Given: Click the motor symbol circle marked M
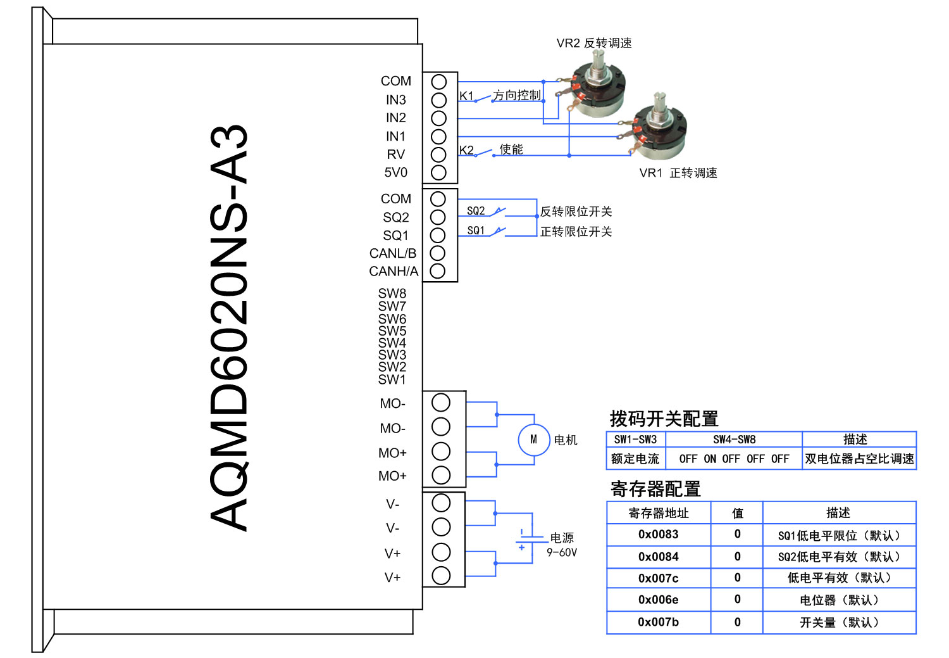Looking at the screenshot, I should tap(534, 440).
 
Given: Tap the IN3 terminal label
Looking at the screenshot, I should tap(396, 100).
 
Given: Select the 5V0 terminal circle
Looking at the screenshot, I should tap(438, 172).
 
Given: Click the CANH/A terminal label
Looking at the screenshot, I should tap(394, 272).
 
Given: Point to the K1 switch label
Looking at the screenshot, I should tap(466, 96).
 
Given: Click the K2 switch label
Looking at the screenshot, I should tap(466, 150).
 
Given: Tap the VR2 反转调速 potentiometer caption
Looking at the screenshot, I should tap(593, 43).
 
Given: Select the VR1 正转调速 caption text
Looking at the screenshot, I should tap(678, 173).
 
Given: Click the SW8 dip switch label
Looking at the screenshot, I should tap(392, 293).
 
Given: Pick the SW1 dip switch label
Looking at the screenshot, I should tap(392, 379).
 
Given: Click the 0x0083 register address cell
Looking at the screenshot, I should tap(658, 535).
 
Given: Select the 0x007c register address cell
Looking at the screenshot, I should tap(658, 578).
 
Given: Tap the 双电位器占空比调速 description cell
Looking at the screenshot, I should tap(859, 459).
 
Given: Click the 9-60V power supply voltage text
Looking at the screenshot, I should tap(562, 552).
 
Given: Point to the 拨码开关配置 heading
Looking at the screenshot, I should tap(664, 419).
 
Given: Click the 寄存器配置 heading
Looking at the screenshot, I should tap(655, 489).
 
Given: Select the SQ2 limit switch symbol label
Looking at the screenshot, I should tap(476, 211).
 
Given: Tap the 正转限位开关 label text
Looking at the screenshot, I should tap(576, 232).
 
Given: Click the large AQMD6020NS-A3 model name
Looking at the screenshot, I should tap(229, 327).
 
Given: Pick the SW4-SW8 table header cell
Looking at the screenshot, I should tap(734, 440).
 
